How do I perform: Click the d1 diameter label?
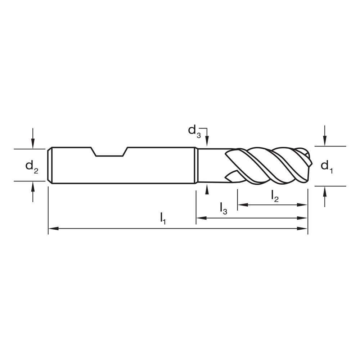(x=327, y=166)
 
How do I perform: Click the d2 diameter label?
(x=32, y=166)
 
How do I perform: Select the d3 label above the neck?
(x=194, y=130)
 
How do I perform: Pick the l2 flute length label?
(x=275, y=196)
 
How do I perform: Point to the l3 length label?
(x=224, y=208)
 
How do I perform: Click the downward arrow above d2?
(x=33, y=143)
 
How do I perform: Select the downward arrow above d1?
(x=325, y=141)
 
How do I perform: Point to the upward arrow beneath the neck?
(x=207, y=189)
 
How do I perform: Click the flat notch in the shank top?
(x=109, y=156)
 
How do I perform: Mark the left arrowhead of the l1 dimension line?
(x=53, y=228)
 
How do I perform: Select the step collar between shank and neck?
(x=196, y=166)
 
